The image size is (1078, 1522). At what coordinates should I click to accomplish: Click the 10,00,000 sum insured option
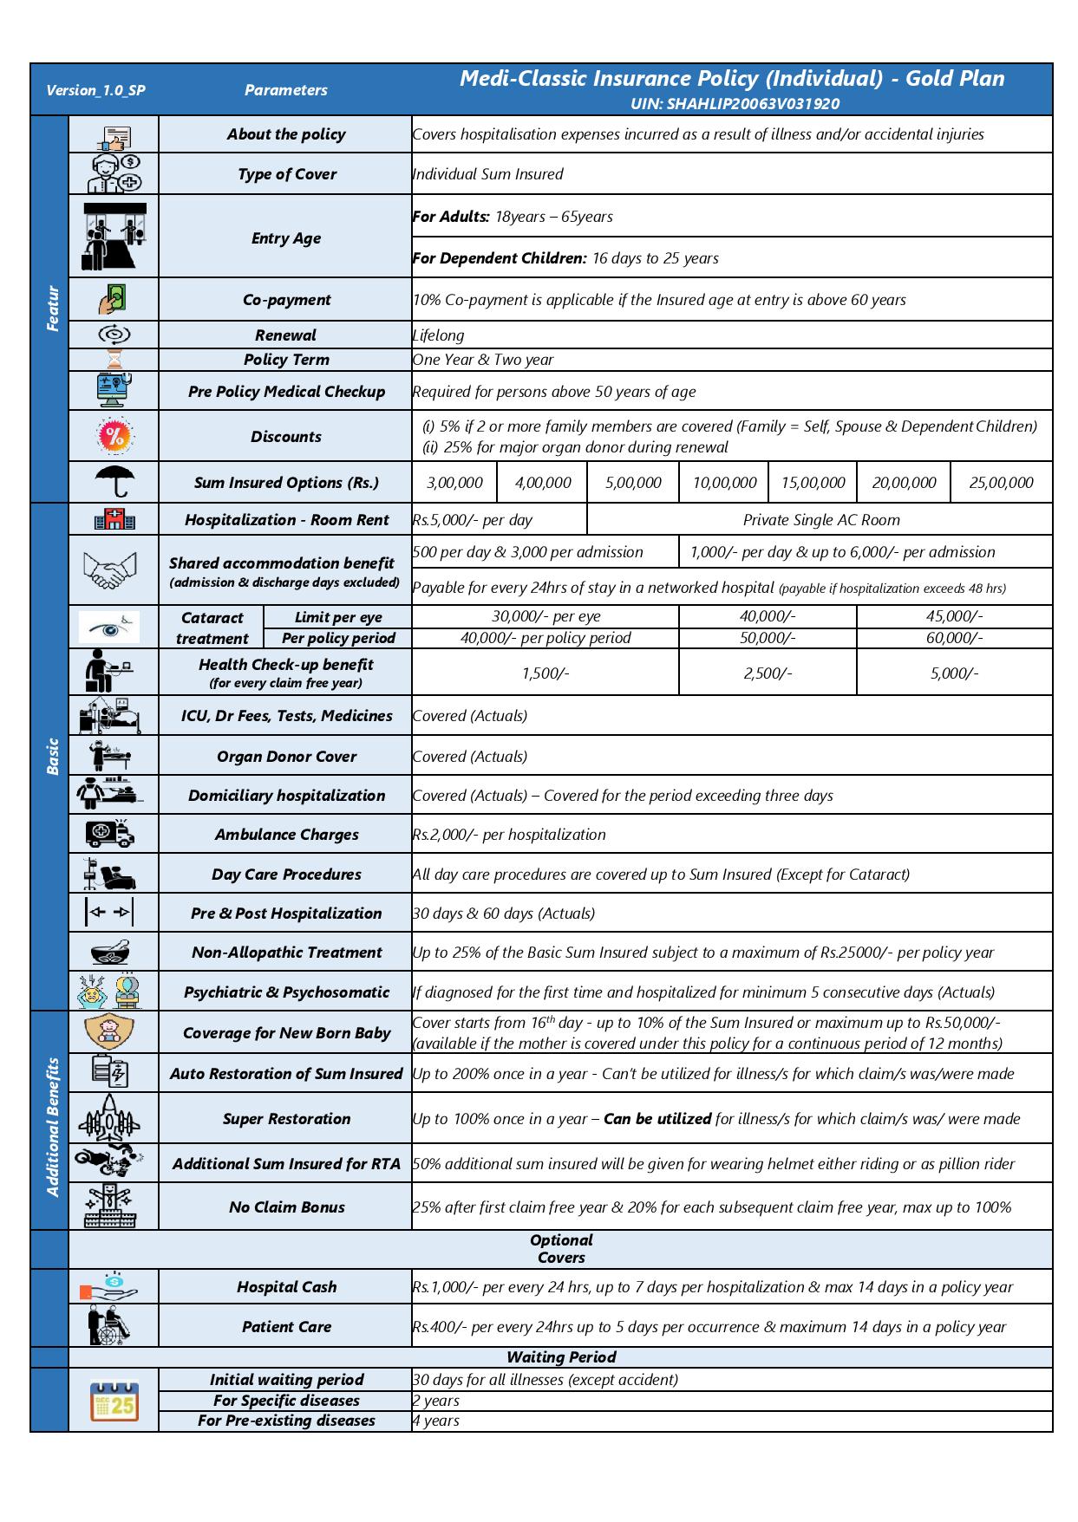click(724, 483)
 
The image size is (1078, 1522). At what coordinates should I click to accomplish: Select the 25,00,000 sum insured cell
click(1001, 483)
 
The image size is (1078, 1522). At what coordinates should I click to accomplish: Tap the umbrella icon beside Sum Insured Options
click(114, 481)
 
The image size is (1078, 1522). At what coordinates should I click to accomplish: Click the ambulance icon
click(112, 834)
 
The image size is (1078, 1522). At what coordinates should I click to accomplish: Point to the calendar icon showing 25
click(114, 1401)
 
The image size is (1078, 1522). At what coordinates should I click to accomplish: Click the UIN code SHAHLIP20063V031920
click(735, 104)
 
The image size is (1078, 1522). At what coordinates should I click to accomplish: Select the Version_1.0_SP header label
click(95, 90)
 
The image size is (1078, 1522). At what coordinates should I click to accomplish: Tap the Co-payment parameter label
click(286, 300)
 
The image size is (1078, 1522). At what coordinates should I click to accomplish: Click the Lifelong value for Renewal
click(439, 335)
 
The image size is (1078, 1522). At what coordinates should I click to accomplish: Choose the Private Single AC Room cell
click(820, 520)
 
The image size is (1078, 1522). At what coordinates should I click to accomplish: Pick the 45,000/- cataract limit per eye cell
click(954, 616)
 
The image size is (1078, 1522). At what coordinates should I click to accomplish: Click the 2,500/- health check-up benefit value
click(767, 673)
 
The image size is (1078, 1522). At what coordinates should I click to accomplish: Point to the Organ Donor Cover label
click(286, 757)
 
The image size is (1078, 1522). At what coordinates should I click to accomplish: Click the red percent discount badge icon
click(114, 436)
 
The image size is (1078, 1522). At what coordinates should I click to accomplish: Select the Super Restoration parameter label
click(286, 1119)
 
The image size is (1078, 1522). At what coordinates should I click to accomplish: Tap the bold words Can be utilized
click(657, 1119)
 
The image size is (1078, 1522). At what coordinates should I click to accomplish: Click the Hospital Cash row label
click(286, 1287)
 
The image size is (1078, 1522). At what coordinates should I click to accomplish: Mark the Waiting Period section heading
click(560, 1357)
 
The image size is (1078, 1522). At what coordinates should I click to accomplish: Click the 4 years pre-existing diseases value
click(436, 1421)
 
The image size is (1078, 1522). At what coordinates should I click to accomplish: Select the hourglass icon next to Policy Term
click(114, 360)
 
